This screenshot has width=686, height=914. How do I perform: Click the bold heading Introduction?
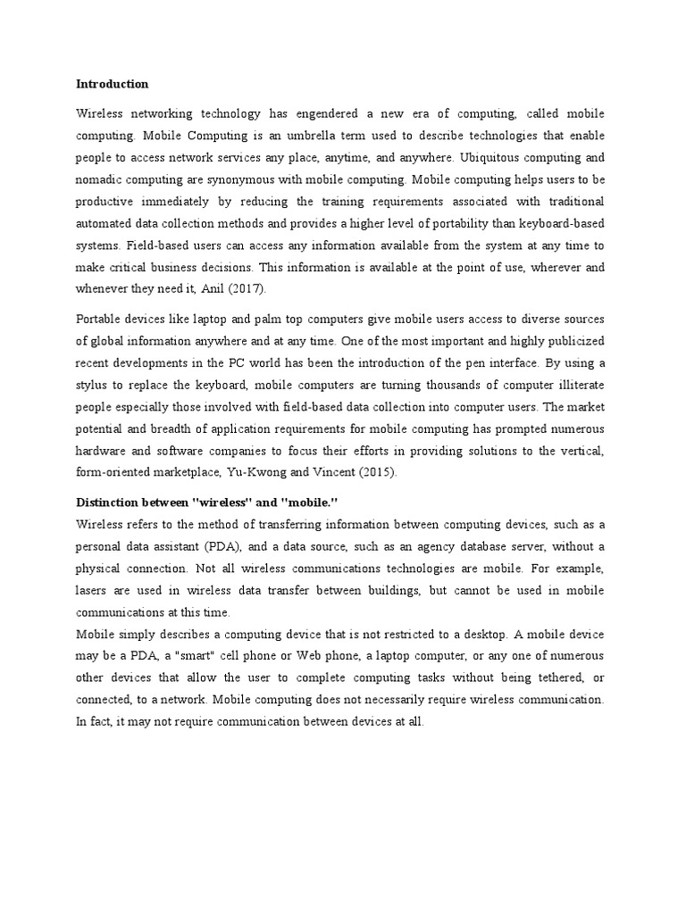(112, 84)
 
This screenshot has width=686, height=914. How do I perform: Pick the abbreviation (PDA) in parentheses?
(233, 545)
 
